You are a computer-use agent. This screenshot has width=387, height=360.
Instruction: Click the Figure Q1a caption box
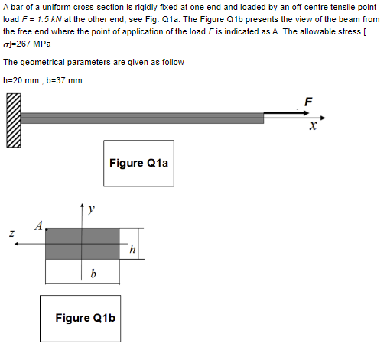pyautogui.click(x=138, y=163)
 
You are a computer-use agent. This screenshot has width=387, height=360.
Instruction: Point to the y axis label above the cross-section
pyautogui.click(x=92, y=208)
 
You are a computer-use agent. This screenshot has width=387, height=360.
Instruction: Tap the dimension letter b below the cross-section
pyautogui.click(x=93, y=273)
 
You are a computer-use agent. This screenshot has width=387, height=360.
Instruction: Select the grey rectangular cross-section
pyautogui.click(x=82, y=244)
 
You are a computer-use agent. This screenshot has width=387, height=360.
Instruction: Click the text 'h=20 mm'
pyautogui.click(x=21, y=80)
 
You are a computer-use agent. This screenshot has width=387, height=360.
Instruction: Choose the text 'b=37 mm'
pyautogui.click(x=64, y=80)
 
